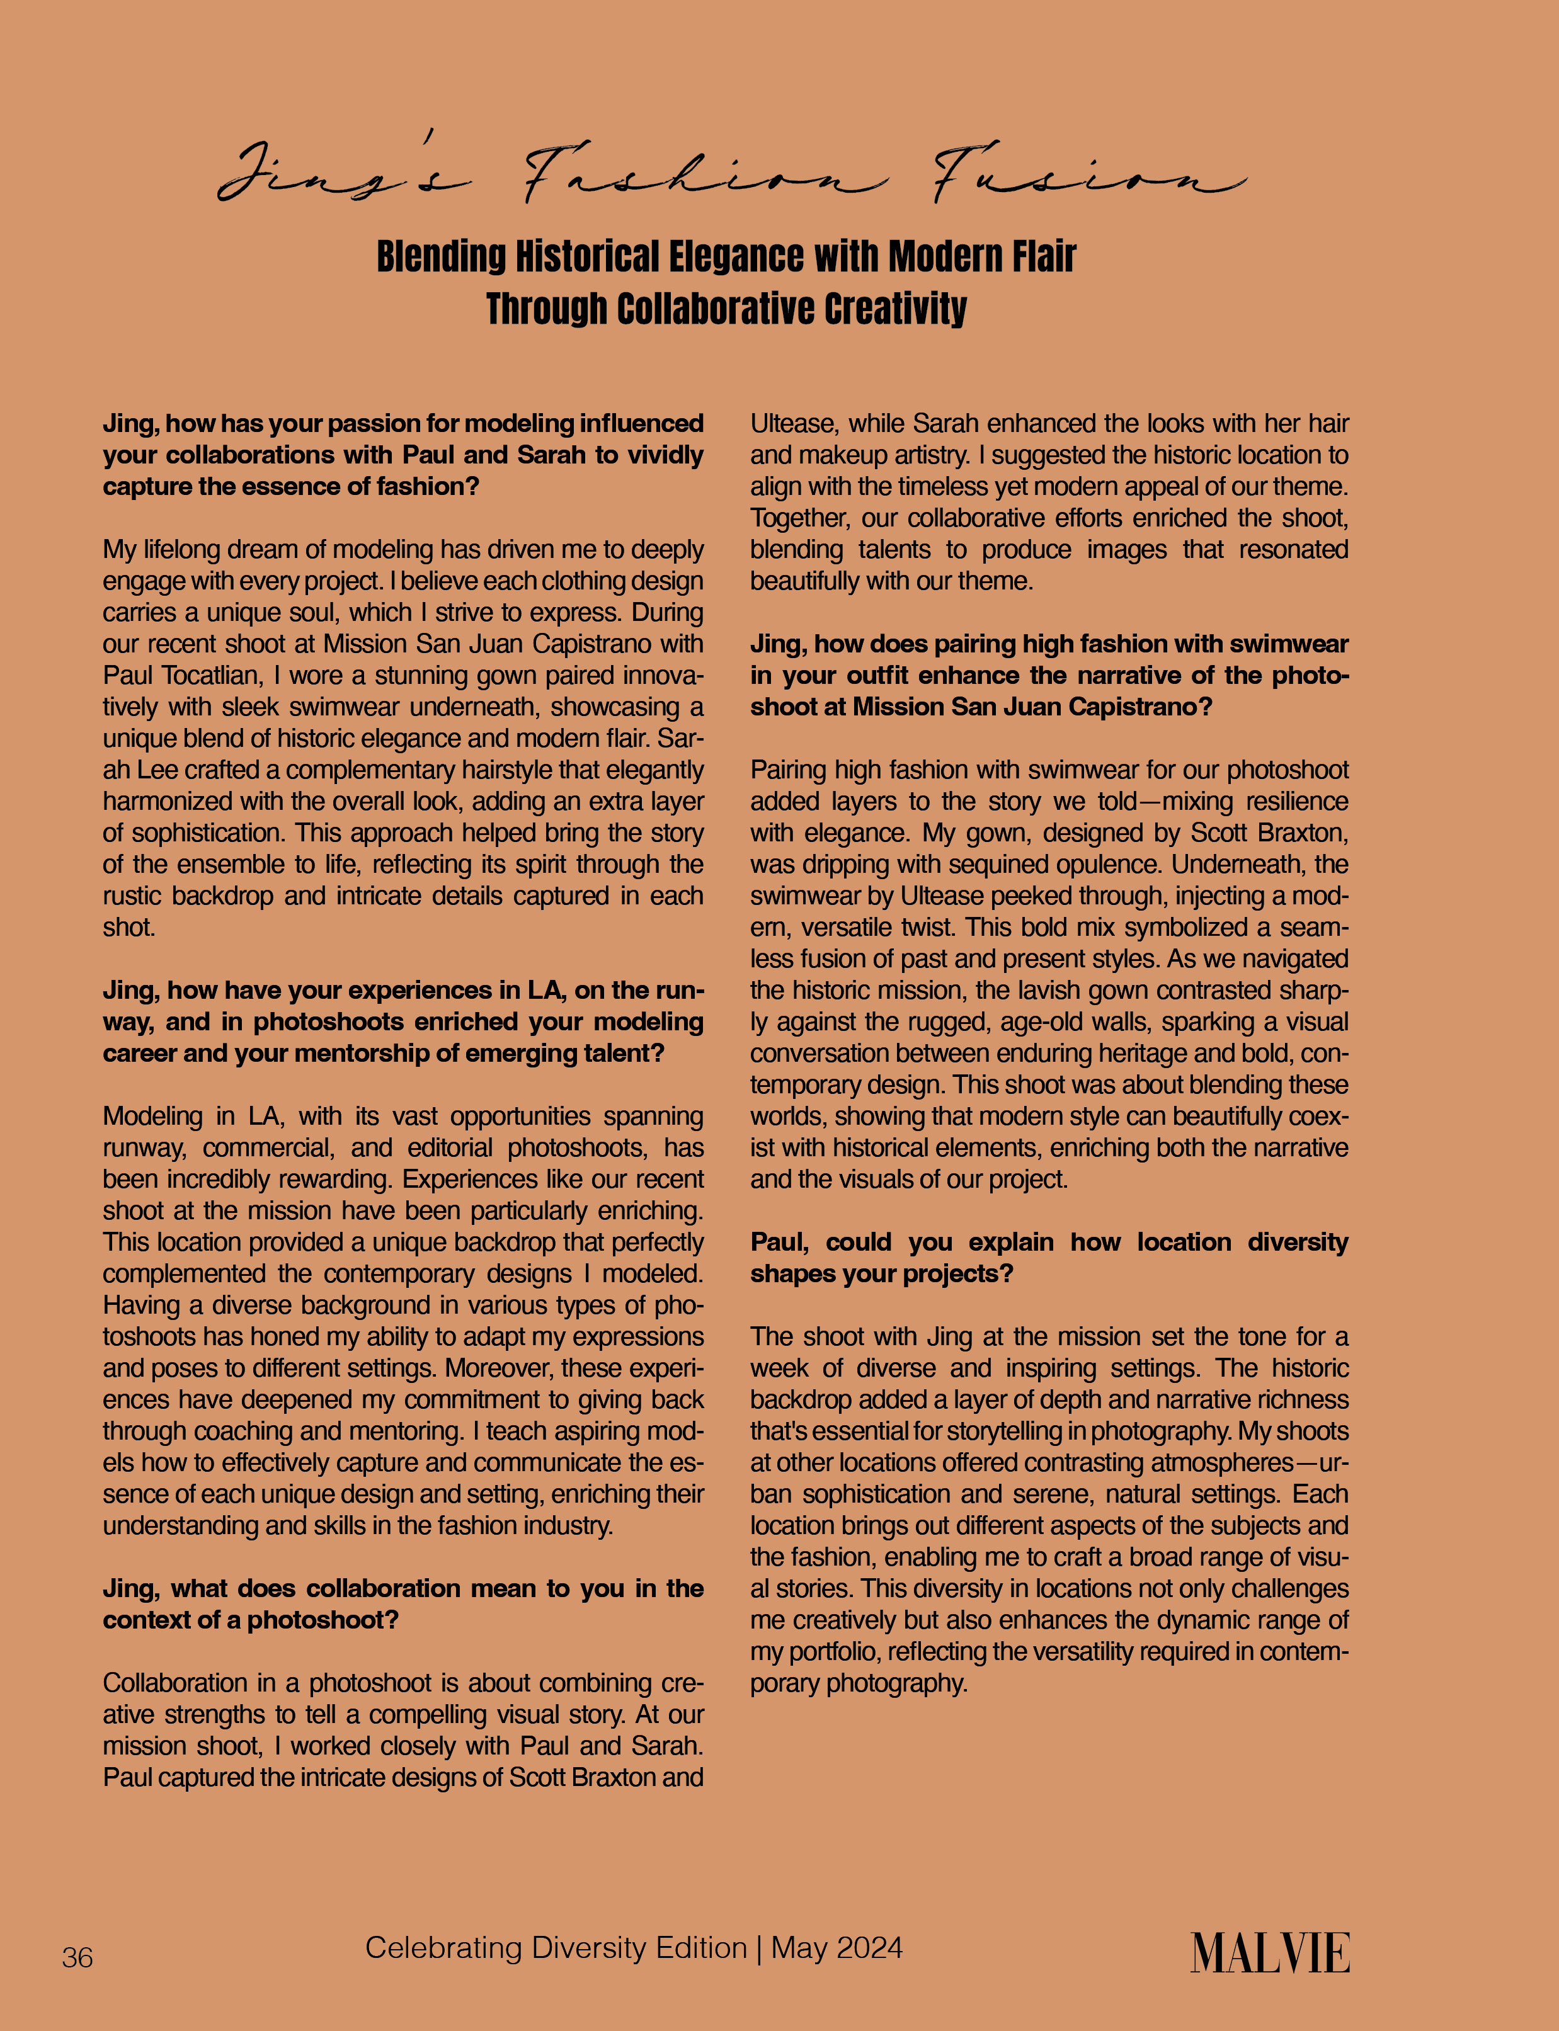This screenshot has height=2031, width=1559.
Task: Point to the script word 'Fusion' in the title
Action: click(1086, 176)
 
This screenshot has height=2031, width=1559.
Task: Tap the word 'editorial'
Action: click(450, 1147)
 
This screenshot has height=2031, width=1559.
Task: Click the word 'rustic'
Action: click(135, 896)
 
